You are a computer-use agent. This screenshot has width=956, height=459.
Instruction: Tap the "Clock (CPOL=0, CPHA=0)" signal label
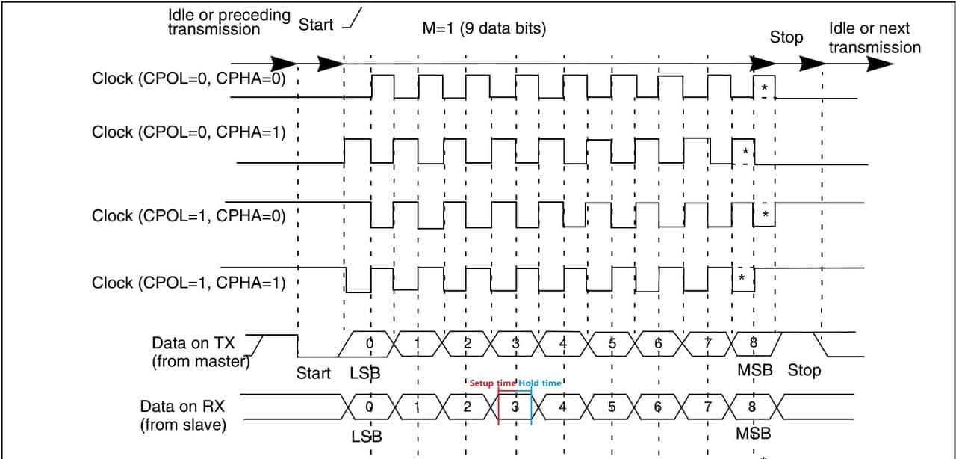click(188, 78)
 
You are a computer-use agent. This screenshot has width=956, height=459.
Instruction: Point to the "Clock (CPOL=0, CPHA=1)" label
click(188, 132)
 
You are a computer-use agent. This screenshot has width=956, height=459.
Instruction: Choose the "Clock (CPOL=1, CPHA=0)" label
click(188, 216)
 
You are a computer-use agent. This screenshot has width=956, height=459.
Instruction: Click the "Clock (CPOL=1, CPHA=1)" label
click(188, 283)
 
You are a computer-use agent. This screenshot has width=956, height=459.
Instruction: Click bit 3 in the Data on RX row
click(515, 408)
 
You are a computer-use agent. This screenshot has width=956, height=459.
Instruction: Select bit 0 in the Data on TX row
click(370, 343)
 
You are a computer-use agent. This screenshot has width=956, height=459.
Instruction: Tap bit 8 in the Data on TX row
click(753, 343)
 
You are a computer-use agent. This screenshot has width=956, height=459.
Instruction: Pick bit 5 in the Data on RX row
click(612, 408)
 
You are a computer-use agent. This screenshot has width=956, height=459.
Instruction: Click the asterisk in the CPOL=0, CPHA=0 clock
click(764, 89)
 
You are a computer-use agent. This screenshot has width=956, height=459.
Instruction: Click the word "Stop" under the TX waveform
click(804, 370)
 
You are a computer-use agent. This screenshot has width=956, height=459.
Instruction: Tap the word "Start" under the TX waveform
click(313, 373)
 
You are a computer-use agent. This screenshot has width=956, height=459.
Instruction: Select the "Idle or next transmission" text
click(875, 38)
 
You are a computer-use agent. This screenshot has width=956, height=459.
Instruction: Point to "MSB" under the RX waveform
click(753, 433)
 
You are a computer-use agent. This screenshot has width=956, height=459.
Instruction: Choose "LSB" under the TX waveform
click(365, 373)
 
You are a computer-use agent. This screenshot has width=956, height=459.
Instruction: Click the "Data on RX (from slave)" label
click(184, 416)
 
